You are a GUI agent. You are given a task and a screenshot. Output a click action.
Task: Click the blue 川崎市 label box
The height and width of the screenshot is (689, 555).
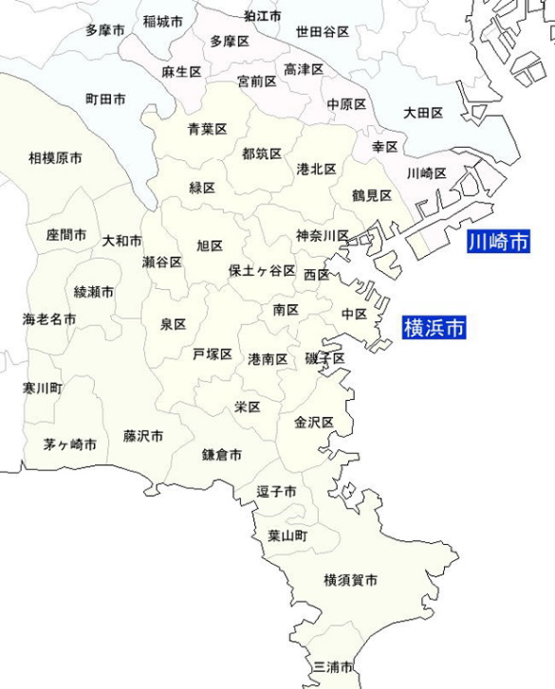tap(499, 243)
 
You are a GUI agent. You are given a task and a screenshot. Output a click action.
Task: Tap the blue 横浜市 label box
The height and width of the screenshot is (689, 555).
tap(434, 328)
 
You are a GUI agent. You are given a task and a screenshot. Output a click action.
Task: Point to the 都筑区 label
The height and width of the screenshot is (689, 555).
tap(262, 152)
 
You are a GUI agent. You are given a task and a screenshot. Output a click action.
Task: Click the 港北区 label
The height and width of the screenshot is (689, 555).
tap(316, 168)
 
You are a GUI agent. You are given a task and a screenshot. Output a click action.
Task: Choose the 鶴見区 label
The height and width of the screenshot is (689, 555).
tap(372, 195)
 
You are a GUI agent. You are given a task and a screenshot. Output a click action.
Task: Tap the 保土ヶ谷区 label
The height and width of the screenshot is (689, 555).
tap(262, 270)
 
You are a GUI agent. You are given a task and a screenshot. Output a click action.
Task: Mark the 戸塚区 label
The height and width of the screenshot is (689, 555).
tap(213, 354)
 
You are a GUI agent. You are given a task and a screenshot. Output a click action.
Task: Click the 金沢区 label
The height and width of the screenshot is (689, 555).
tap(314, 422)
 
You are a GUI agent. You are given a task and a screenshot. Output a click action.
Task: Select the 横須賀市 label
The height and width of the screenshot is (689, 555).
tap(350, 581)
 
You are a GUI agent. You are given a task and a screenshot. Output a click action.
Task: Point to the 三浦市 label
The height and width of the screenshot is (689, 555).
tap(333, 666)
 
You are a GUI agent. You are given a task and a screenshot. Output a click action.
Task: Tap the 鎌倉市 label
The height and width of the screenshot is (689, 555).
tap(222, 455)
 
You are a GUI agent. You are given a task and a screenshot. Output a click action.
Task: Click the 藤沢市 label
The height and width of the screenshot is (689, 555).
tap(143, 436)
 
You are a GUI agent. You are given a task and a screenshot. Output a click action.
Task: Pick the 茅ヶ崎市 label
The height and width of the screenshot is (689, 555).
tap(70, 443)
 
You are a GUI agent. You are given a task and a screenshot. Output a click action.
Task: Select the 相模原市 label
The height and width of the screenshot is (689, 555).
tap(55, 158)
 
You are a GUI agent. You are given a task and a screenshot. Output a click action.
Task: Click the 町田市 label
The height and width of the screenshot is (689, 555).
tap(105, 98)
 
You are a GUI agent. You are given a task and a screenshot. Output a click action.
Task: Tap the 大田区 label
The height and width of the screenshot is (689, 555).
tap(423, 113)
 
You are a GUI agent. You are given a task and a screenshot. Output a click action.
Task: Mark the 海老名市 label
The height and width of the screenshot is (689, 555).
tap(50, 319)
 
